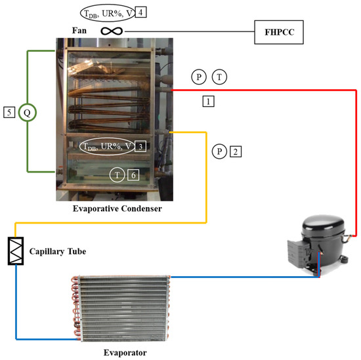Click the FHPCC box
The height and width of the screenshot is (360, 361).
point(279,31)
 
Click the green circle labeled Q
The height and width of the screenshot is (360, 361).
point(27,112)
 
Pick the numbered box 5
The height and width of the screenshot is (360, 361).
point(9,112)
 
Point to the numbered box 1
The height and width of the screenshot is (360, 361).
point(208,102)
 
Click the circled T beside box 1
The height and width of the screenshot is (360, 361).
point(220,77)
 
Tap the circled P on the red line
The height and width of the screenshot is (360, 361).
point(198,77)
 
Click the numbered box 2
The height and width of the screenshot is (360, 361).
point(236,151)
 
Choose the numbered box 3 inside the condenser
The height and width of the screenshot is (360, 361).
point(141,146)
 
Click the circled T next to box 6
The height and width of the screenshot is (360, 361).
point(116,174)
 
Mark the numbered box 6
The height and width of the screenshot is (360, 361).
point(134,174)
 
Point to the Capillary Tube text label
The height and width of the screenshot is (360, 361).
point(57,251)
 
